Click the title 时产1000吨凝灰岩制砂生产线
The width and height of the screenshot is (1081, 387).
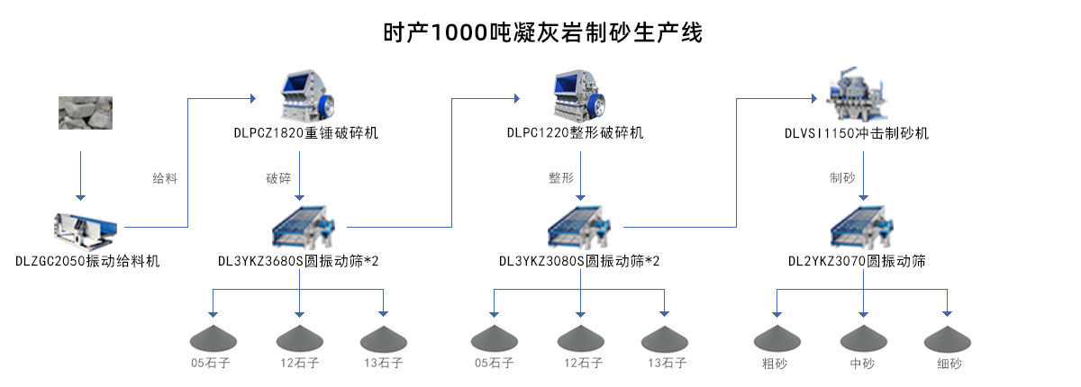[x=541, y=33]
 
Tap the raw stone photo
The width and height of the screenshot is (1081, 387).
[x=80, y=112]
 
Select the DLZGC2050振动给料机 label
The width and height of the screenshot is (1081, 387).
[x=87, y=262]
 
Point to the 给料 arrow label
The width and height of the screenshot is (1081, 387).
[x=165, y=178]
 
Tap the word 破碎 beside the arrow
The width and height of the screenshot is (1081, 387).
[x=278, y=178]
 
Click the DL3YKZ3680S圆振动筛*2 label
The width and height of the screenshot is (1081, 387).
[x=298, y=262]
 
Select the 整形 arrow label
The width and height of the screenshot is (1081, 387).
[x=560, y=178]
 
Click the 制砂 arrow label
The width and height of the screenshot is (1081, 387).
[x=842, y=178]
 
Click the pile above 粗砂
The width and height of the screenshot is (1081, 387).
[x=777, y=338]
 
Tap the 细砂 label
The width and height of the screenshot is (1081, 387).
[x=949, y=364]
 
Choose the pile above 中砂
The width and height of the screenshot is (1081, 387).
[x=863, y=338]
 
